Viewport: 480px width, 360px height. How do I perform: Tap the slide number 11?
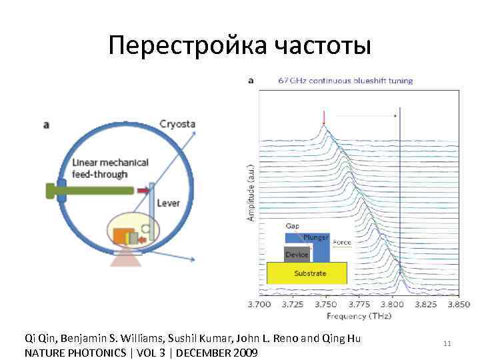tap(447, 343)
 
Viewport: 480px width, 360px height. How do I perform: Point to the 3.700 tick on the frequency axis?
tap(259, 304)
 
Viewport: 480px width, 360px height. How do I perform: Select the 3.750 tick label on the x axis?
tap(326, 304)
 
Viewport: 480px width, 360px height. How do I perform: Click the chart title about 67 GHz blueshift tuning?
tap(345, 81)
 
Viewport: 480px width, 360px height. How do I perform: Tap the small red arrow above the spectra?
tap(324, 119)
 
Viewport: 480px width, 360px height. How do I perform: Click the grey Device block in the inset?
tap(297, 255)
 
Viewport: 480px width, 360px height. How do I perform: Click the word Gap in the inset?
tap(293, 226)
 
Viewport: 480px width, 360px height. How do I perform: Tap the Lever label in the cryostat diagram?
tap(169, 203)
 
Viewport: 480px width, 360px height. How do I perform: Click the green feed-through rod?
tap(93, 191)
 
